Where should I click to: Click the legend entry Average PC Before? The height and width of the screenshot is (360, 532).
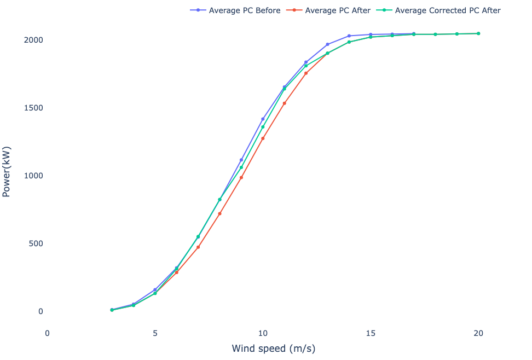(244, 10)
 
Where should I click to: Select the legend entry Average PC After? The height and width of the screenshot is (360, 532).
(338, 10)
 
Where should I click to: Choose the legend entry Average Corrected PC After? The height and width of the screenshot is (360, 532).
(447, 10)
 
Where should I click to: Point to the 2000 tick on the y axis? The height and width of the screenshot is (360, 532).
(34, 40)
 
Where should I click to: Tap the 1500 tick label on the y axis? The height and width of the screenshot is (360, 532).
(34, 108)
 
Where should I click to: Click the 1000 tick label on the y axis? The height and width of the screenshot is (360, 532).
(34, 176)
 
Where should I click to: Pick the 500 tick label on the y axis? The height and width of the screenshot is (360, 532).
(37, 243)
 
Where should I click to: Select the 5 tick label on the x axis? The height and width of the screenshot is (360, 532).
(155, 333)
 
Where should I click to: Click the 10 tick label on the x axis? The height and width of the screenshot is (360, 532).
(263, 333)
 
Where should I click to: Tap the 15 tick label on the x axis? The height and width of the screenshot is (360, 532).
(371, 333)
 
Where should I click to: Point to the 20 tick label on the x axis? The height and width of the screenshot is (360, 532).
(478, 333)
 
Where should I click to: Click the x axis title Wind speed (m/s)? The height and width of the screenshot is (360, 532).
(274, 349)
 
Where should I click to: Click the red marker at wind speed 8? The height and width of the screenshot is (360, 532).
(219, 213)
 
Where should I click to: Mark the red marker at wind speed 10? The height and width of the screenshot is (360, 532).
(263, 138)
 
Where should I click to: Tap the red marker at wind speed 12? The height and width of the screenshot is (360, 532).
(306, 73)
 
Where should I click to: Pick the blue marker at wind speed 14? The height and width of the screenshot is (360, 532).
(349, 36)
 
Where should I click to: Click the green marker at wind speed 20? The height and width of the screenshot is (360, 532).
(478, 34)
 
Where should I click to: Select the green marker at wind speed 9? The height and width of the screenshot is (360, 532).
(241, 167)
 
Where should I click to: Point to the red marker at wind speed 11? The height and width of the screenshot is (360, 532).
(285, 103)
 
